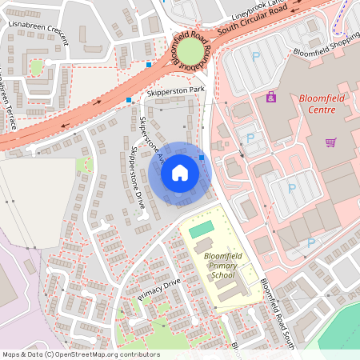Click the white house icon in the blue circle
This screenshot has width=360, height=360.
[x=179, y=173]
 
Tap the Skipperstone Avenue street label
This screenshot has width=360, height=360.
[x=153, y=141]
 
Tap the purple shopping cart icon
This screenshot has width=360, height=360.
[x=330, y=142]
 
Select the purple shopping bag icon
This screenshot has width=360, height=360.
[x=270, y=98]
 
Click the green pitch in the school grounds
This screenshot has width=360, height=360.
[x=202, y=230]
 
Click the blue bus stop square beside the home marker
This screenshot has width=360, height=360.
[x=202, y=158]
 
